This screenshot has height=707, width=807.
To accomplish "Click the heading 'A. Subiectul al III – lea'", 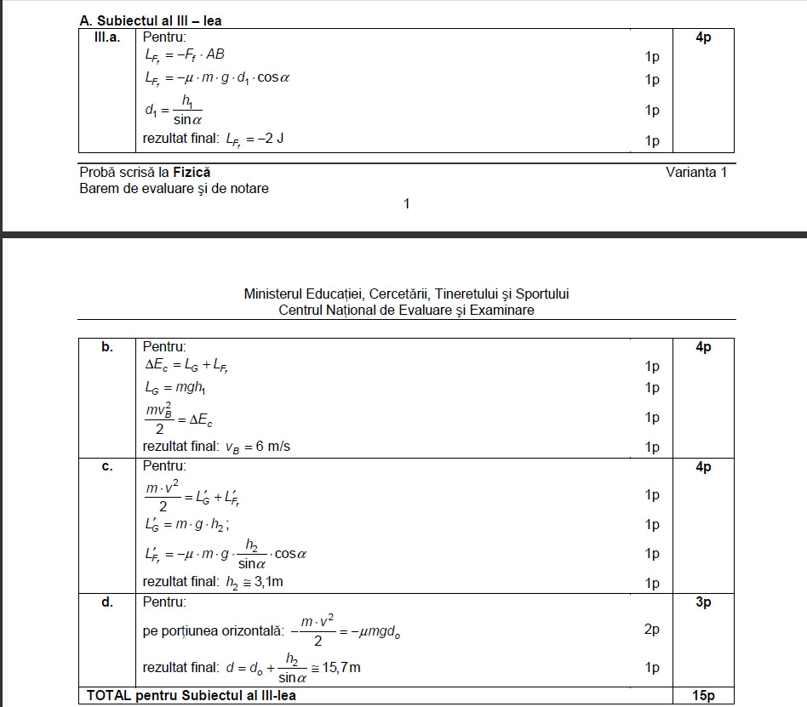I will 150,20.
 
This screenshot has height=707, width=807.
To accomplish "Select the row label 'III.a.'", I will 106,37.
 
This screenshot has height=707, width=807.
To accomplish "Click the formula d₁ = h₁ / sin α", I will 175,110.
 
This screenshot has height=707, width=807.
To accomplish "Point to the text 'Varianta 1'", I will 696,173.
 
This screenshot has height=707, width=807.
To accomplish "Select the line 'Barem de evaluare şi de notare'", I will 174,188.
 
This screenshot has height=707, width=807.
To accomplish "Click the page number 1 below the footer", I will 406,203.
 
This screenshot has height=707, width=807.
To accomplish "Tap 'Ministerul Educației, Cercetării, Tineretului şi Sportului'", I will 406,294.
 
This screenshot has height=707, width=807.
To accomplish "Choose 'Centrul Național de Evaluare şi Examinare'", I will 406,310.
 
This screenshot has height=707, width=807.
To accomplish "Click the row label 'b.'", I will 107,347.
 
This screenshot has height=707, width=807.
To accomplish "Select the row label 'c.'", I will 107,467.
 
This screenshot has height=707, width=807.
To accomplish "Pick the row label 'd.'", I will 107,602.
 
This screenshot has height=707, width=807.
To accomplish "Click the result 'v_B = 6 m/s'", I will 257,446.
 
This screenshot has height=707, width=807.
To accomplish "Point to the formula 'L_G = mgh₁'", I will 176,387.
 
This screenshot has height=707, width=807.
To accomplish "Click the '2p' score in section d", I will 652,630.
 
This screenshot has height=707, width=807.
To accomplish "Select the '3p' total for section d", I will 703,602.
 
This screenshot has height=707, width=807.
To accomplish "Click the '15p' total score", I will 703,696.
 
